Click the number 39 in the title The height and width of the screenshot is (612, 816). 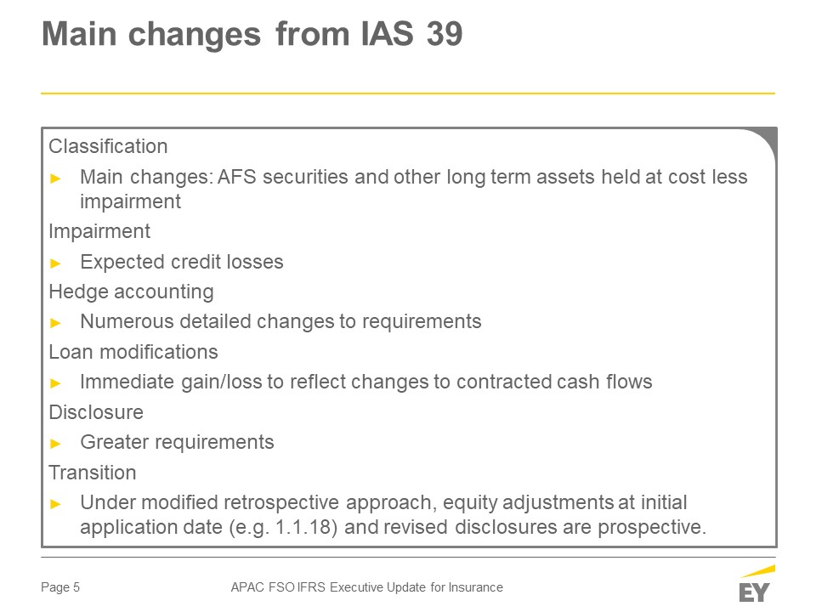pyautogui.click(x=445, y=34)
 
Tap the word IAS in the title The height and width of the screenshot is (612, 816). pyautogui.click(x=388, y=34)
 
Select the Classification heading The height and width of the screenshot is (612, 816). pyautogui.click(x=108, y=146)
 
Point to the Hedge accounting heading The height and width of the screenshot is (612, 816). pyautogui.click(x=131, y=292)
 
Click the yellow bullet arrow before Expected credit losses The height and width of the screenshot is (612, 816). pyautogui.click(x=56, y=263)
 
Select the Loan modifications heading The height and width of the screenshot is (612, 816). pyautogui.click(x=133, y=352)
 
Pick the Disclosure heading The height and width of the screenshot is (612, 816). pyautogui.click(x=96, y=413)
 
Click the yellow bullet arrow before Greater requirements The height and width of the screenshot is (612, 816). pyautogui.click(x=56, y=444)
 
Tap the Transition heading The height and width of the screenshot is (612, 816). pyautogui.click(x=93, y=473)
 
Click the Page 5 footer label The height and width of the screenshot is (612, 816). pyautogui.click(x=60, y=587)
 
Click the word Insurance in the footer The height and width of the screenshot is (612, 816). pyautogui.click(x=476, y=587)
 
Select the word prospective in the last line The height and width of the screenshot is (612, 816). pyautogui.click(x=652, y=528)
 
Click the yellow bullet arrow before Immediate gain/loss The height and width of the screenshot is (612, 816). pyautogui.click(x=56, y=383)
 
